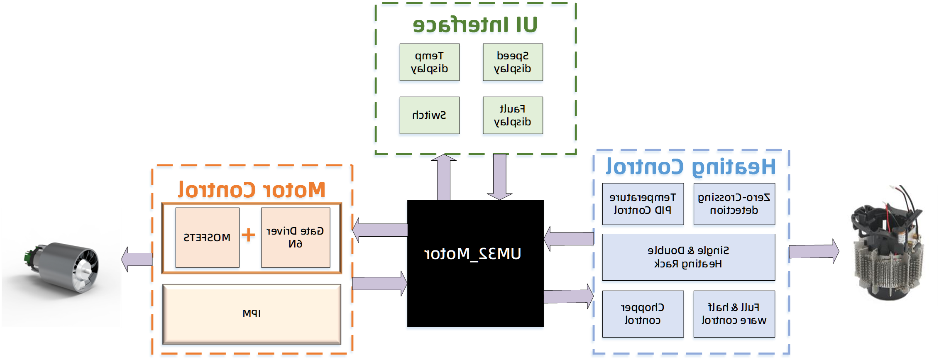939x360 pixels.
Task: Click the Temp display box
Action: [x=429, y=63]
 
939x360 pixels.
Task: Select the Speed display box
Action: [x=512, y=63]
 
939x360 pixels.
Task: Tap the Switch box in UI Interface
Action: [x=429, y=116]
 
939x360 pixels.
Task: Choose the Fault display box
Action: [x=512, y=116]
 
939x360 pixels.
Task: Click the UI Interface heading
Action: [x=475, y=26]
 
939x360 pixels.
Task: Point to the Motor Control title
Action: [x=252, y=191]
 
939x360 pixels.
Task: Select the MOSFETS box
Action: [x=207, y=238]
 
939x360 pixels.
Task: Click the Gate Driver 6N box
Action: [x=295, y=238]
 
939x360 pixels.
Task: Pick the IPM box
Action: [x=252, y=314]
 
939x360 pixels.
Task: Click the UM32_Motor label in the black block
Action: [x=473, y=254]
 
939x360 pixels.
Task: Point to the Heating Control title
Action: [x=690, y=169]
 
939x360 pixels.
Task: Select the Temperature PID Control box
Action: [x=642, y=204]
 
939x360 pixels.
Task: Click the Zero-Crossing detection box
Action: [x=734, y=204]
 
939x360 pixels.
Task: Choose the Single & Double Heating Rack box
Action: [x=688, y=257]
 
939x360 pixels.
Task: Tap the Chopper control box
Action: [x=642, y=314]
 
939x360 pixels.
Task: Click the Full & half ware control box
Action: [x=734, y=314]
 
